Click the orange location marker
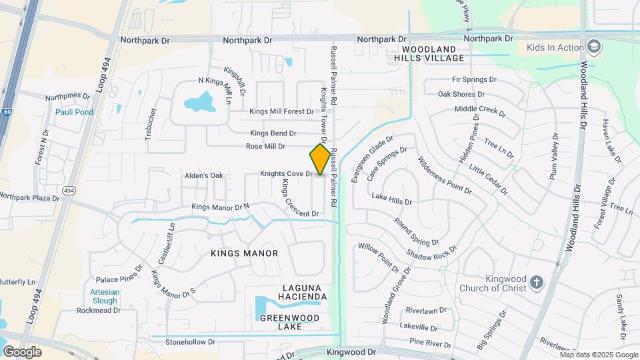click(320, 159)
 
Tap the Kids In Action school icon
click(593, 47)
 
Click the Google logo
click(22, 351)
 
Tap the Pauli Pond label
click(74, 112)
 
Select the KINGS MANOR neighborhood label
click(244, 253)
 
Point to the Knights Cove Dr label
click(286, 173)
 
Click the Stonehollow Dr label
click(191, 341)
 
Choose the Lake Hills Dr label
click(392, 198)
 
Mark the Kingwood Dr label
click(352, 351)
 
